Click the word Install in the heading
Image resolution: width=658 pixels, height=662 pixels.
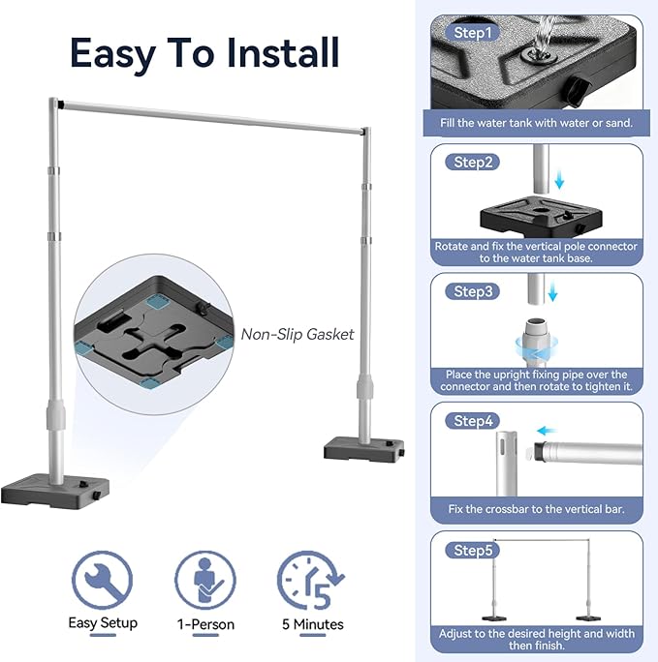tap(283, 52)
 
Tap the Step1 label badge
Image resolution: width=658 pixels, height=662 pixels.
tap(473, 33)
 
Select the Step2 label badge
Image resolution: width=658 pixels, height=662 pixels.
tap(473, 163)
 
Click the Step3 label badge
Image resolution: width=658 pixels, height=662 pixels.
tap(473, 291)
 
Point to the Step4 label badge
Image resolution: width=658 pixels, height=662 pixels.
tap(473, 420)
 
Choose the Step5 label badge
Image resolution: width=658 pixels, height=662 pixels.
tap(473, 550)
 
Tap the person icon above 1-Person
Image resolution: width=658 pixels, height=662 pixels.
tap(205, 581)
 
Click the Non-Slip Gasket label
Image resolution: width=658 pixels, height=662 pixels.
tap(298, 334)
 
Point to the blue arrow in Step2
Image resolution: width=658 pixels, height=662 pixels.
tap(559, 179)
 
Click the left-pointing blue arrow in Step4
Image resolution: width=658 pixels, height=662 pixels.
tap(547, 431)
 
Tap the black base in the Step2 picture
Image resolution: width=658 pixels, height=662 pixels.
tap(541, 216)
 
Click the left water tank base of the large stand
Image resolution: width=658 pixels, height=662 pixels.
tap(55, 492)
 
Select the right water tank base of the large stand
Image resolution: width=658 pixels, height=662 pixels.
tap(363, 449)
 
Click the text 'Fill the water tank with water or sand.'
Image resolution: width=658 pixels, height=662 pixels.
tap(536, 123)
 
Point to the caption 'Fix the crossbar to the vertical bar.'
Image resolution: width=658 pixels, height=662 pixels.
tap(536, 509)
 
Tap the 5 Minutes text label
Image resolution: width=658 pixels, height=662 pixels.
tap(313, 624)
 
